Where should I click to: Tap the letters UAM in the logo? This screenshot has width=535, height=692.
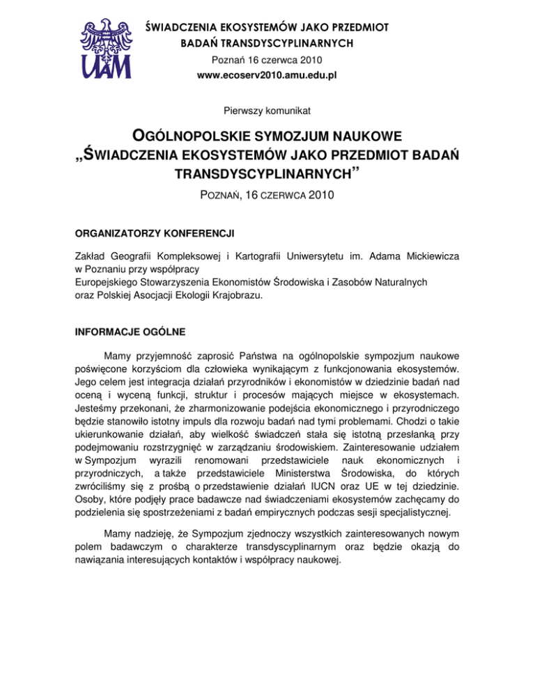(105, 65)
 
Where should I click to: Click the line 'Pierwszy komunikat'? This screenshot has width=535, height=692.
(267, 109)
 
